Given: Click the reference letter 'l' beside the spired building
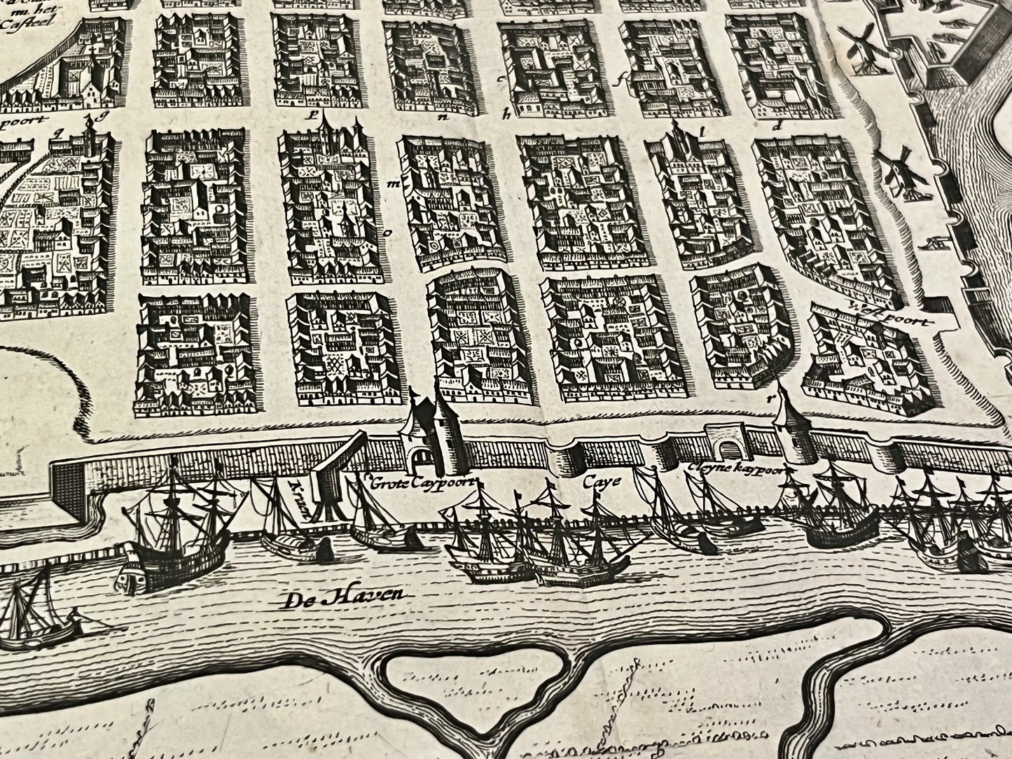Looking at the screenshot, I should [x=702, y=129].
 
